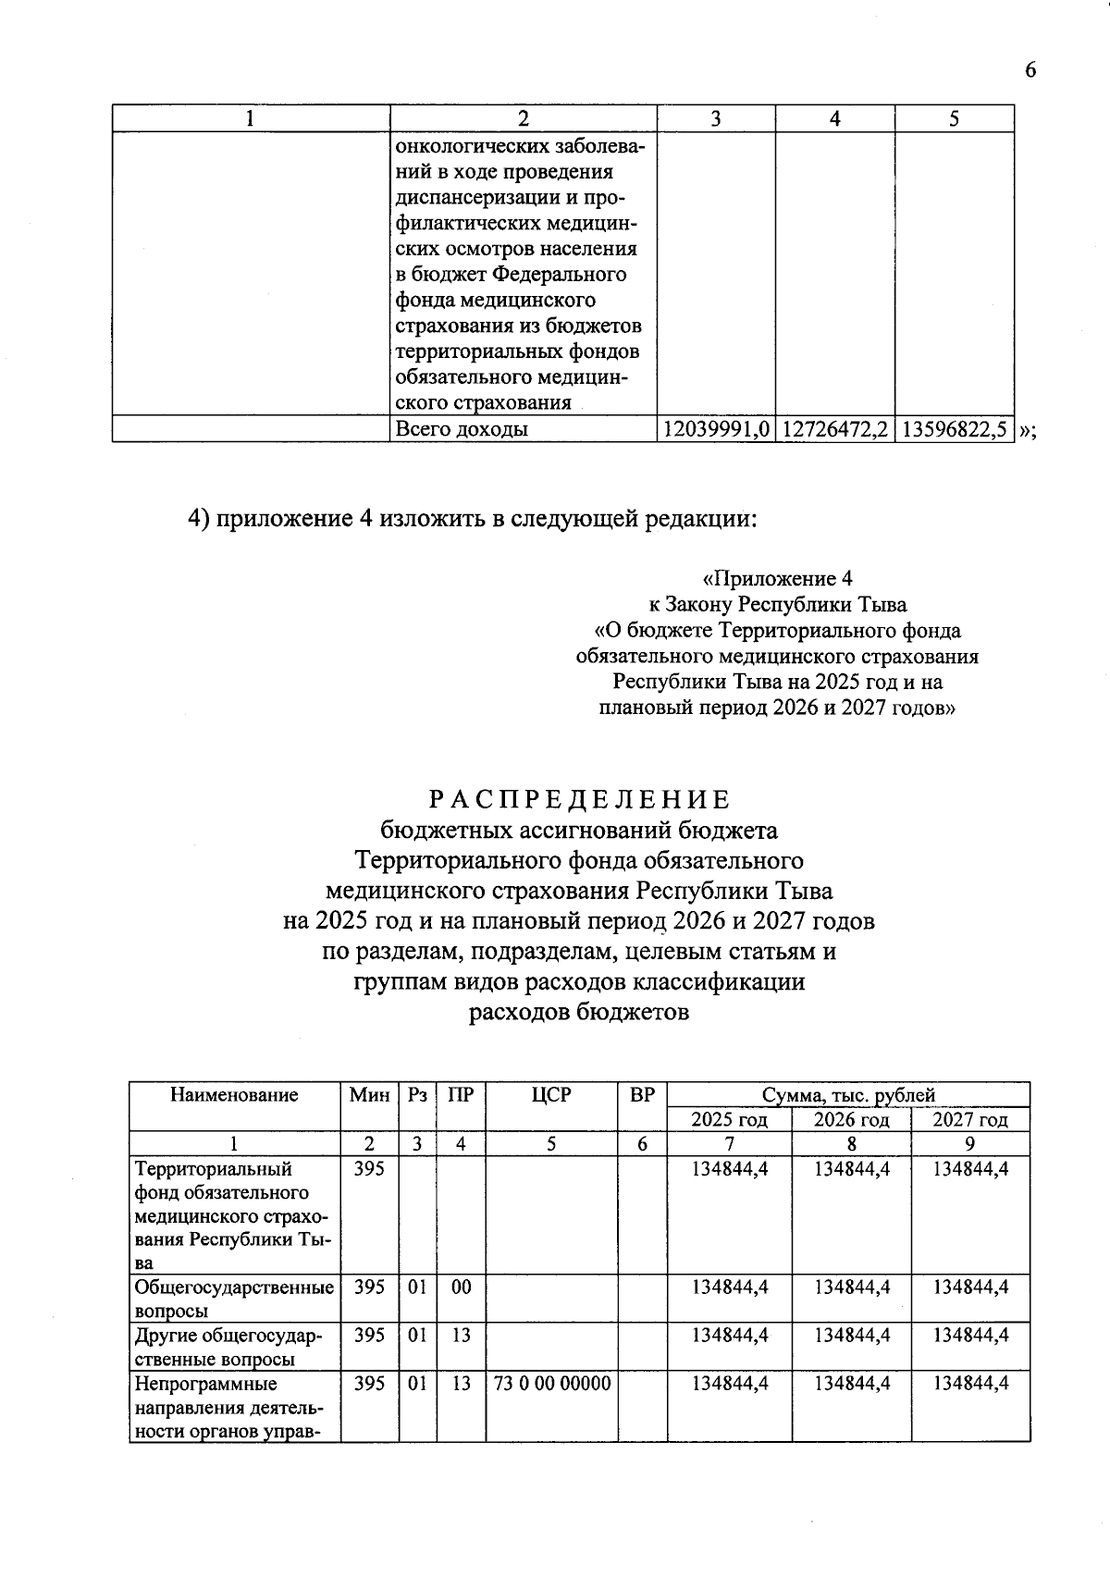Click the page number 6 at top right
(1030, 71)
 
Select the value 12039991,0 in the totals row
(716, 429)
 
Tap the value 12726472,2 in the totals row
(835, 429)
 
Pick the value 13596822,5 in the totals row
(954, 429)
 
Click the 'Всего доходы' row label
(462, 429)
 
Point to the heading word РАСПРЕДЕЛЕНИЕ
(579, 799)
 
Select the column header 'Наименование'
(234, 1095)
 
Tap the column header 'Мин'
(369, 1095)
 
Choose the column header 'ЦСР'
(551, 1095)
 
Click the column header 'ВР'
(642, 1095)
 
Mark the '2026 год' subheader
(851, 1120)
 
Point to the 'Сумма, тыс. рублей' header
(848, 1096)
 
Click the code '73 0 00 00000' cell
(552, 1384)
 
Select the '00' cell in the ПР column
(461, 1287)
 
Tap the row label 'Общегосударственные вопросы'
(234, 1299)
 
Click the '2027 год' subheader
(969, 1120)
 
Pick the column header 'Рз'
(417, 1095)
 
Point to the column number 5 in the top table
(954, 118)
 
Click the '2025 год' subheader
(730, 1120)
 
